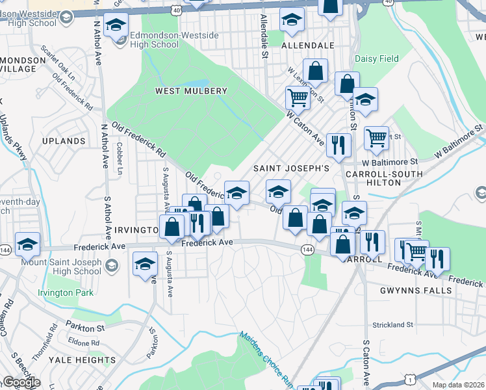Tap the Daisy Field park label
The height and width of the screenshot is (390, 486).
tap(377, 58)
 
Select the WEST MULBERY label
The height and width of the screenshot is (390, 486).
tap(191, 91)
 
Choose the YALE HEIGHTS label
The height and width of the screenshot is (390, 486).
tap(86, 360)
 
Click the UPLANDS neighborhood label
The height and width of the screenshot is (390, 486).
tap(64, 140)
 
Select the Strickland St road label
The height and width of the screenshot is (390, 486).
tap(392, 324)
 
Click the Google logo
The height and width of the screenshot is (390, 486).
tap(21, 382)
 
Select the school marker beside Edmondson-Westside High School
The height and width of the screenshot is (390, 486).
tap(116, 27)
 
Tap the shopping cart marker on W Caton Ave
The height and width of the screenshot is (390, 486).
tap(298, 98)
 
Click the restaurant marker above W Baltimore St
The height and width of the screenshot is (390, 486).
tap(338, 145)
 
